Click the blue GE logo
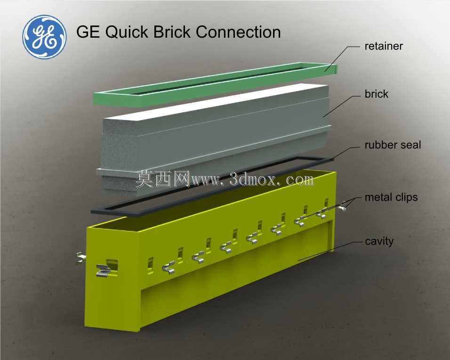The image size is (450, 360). click(x=45, y=37)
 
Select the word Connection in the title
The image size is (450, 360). click(x=238, y=32)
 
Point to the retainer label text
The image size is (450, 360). click(x=384, y=46)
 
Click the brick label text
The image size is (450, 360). click(x=376, y=94)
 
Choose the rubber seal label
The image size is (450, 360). click(x=393, y=145)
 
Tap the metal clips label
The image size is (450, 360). click(x=391, y=197)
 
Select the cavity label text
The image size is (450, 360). click(x=379, y=241)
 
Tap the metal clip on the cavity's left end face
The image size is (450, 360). click(x=104, y=270)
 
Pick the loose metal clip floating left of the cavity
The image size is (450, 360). click(x=80, y=258)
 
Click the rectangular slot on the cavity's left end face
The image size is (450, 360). click(x=112, y=265)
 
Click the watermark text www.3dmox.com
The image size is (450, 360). click(x=253, y=180)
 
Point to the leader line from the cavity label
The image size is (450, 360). click(x=330, y=251)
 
